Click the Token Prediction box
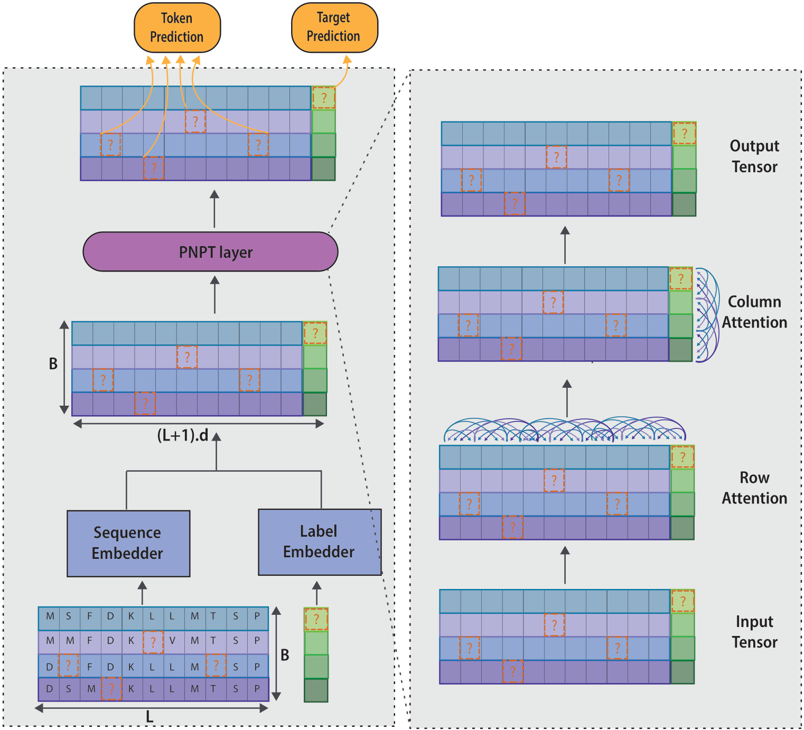pos(177,27)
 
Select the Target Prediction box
pos(334,27)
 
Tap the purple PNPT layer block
pos(210,251)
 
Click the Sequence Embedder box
pos(128,543)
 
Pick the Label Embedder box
pos(319,541)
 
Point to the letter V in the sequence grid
pos(172,641)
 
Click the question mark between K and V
pos(153,642)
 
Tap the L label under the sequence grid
pos(149,717)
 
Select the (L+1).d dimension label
pos(183,436)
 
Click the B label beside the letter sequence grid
pos(285,655)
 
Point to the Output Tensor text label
pos(754,156)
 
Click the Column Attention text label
pos(754,312)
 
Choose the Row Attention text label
pos(754,488)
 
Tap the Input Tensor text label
pos(754,632)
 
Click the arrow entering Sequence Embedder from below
pos(142,593)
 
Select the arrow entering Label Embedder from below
pos(316,593)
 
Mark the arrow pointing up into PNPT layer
pos(214,295)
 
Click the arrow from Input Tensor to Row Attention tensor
pos(565,565)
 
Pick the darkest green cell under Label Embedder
pos(316,690)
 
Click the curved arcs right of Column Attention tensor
pos(707,315)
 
